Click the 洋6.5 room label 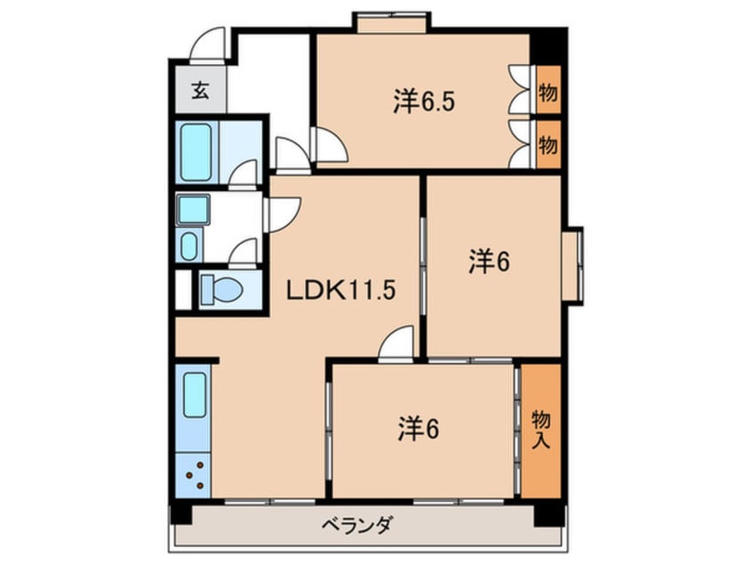click(x=425, y=102)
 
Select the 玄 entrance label click(x=201, y=91)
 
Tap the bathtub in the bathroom click(x=196, y=152)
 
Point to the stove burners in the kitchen click(x=196, y=475)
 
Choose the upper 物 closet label click(x=548, y=92)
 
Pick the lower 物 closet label click(x=548, y=143)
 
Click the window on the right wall click(x=573, y=265)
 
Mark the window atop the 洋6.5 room click(x=391, y=20)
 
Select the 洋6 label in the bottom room click(x=418, y=430)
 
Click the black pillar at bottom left click(x=181, y=512)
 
